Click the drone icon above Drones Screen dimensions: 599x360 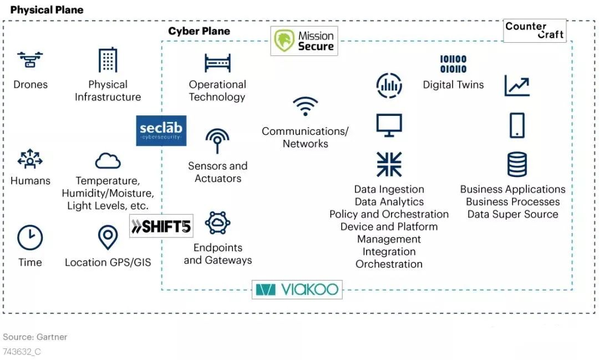click(x=30, y=59)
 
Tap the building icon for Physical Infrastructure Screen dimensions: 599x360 click(x=108, y=60)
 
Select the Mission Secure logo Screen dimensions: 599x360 click(x=304, y=41)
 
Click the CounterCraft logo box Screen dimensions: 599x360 click(x=535, y=31)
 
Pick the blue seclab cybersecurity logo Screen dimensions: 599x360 click(x=161, y=131)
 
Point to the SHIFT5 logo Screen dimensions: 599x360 click(x=161, y=226)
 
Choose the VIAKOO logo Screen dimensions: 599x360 click(x=297, y=290)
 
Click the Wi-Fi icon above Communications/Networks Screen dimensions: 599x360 click(x=305, y=107)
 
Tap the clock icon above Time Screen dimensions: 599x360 click(x=30, y=238)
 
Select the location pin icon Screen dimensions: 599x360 click(x=108, y=237)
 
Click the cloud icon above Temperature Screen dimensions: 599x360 click(x=108, y=160)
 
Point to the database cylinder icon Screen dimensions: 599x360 click(x=517, y=164)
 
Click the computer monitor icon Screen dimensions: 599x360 click(x=389, y=125)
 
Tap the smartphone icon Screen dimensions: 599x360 click(x=517, y=125)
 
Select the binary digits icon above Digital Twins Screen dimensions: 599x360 click(x=453, y=64)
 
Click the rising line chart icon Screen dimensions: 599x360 click(x=517, y=85)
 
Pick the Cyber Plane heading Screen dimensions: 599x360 click(x=199, y=31)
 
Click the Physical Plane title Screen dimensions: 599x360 click(x=47, y=9)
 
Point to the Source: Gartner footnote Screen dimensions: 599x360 click(x=35, y=337)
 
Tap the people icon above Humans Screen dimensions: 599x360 click(x=30, y=159)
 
